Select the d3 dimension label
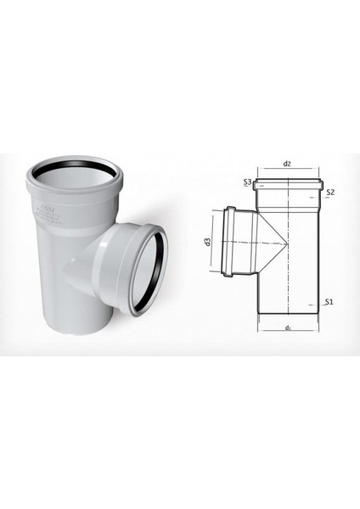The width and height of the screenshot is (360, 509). (x=207, y=244)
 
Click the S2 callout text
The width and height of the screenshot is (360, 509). (x=332, y=193)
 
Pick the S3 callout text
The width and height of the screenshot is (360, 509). (x=246, y=182)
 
